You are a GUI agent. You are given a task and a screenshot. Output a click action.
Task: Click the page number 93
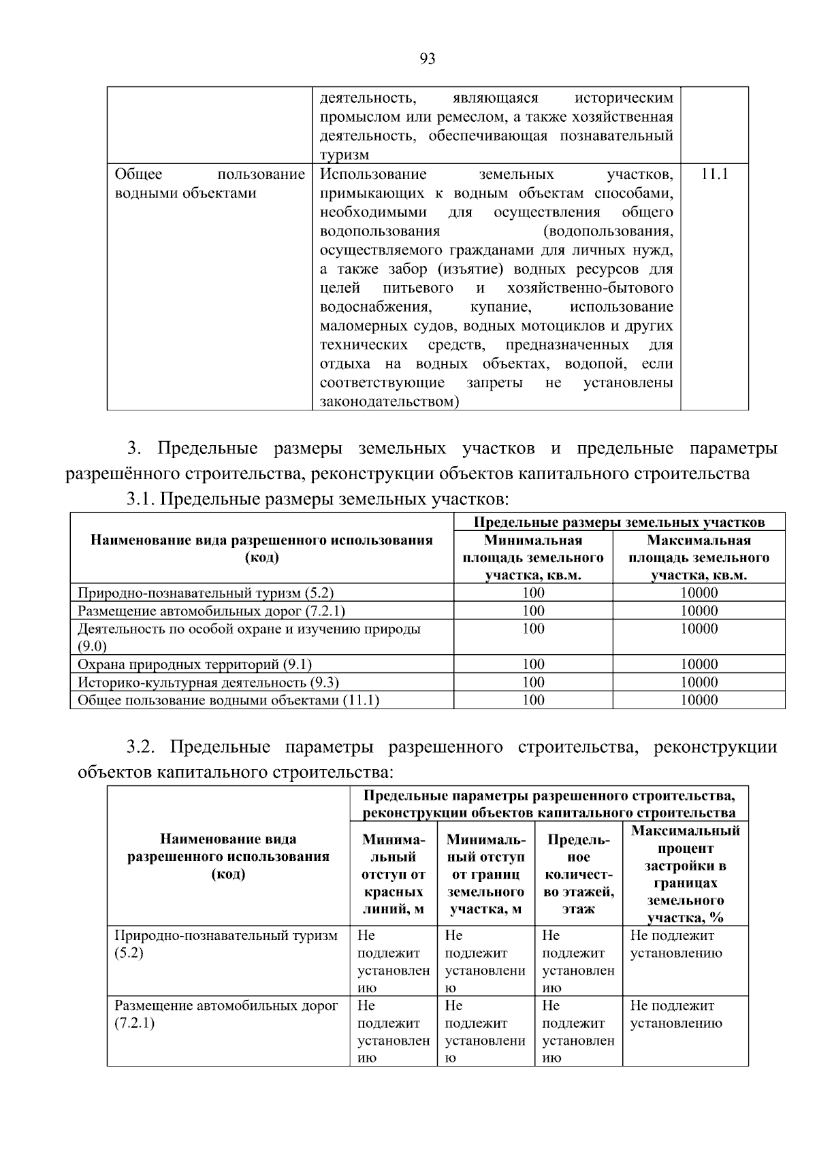click(x=427, y=59)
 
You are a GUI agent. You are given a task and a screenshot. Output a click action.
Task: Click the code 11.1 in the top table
click(x=714, y=174)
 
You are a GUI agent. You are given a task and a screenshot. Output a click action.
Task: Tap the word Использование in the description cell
click(x=373, y=174)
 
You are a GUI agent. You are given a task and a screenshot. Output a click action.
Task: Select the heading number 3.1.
click(x=142, y=500)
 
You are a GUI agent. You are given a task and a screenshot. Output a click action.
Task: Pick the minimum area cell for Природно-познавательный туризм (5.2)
click(x=533, y=592)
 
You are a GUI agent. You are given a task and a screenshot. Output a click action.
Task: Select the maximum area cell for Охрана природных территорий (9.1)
click(x=699, y=664)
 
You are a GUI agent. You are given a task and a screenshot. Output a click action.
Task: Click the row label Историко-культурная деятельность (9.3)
click(x=208, y=682)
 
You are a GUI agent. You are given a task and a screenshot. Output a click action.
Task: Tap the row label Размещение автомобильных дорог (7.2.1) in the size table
click(x=216, y=611)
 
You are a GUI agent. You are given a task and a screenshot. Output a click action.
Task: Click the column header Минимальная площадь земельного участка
click(x=533, y=557)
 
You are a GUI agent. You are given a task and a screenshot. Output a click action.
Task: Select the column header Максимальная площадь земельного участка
click(x=699, y=557)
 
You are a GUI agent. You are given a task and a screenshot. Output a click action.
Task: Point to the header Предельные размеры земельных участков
click(x=619, y=522)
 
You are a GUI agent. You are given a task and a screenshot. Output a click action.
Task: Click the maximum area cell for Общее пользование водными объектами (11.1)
click(x=699, y=700)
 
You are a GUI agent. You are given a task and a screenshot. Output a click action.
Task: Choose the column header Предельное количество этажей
click(x=579, y=874)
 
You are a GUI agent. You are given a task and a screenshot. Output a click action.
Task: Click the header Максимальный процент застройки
click(x=685, y=874)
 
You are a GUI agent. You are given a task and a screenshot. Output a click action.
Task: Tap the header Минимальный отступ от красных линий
click(x=394, y=874)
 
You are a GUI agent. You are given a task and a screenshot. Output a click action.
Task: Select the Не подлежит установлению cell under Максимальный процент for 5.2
click(x=676, y=944)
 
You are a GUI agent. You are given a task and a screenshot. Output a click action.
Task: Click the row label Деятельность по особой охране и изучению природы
click(x=249, y=629)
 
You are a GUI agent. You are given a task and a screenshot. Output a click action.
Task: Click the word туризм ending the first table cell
click(x=344, y=154)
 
